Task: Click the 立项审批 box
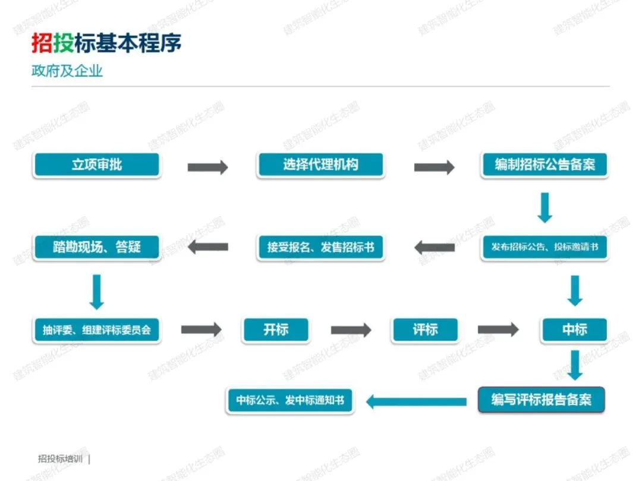click(97, 165)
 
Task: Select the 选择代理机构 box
click(320, 165)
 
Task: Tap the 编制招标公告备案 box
click(545, 165)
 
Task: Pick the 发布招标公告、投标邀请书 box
click(545, 247)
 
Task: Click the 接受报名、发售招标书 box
click(320, 247)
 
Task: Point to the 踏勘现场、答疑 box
click(97, 247)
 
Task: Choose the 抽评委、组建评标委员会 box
click(97, 330)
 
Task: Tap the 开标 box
click(276, 330)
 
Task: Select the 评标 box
click(426, 330)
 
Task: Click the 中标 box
click(574, 330)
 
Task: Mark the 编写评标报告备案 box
click(542, 400)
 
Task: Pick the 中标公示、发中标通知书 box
click(290, 400)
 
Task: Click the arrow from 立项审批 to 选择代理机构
click(207, 167)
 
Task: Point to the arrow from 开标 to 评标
click(351, 330)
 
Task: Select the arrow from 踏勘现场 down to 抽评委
click(97, 292)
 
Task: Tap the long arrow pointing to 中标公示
click(416, 402)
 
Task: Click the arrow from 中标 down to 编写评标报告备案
click(575, 365)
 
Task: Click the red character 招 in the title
click(42, 43)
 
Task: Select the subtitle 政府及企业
click(67, 71)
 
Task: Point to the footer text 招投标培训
click(60, 459)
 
